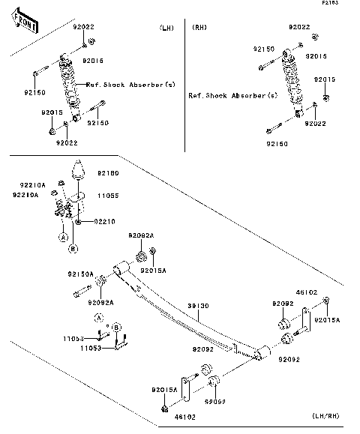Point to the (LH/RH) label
(326, 415)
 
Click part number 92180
(107, 173)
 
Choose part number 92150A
(81, 274)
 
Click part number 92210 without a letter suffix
(105, 221)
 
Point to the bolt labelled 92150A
(80, 292)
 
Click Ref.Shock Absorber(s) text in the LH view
(130, 84)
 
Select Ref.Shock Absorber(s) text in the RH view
(232, 96)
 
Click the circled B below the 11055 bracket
(73, 248)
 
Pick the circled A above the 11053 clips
(98, 318)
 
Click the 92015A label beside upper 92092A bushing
(153, 270)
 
